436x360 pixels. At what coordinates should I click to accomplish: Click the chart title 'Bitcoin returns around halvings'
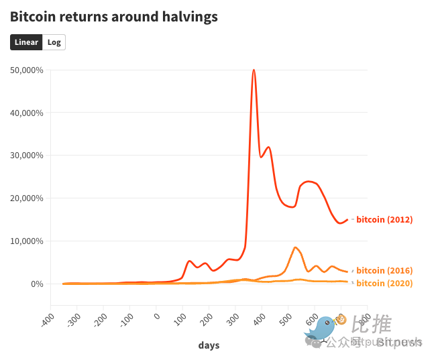(x=114, y=17)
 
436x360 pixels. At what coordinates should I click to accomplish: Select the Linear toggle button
(x=27, y=42)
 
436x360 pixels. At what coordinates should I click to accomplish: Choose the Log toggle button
(x=54, y=42)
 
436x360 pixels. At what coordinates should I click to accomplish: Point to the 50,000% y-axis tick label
(x=28, y=70)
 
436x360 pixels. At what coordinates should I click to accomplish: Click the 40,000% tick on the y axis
(x=28, y=113)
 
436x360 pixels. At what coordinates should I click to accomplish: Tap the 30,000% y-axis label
(x=28, y=156)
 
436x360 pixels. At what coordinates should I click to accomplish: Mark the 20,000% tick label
(x=28, y=198)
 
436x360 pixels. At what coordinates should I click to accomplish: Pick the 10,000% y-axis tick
(x=28, y=241)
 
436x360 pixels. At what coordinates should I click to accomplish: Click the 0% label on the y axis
(x=38, y=284)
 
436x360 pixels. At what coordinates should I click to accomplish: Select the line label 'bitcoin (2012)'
(x=384, y=220)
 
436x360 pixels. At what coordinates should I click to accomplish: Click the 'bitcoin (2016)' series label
(x=384, y=271)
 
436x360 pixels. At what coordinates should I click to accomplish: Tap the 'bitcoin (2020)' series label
(x=384, y=284)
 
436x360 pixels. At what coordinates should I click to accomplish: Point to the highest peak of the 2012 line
(x=254, y=70)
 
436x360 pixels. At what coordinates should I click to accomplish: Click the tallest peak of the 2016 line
(x=296, y=247)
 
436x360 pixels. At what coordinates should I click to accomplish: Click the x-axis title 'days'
(x=209, y=345)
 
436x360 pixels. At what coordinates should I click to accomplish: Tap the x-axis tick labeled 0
(x=156, y=315)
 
